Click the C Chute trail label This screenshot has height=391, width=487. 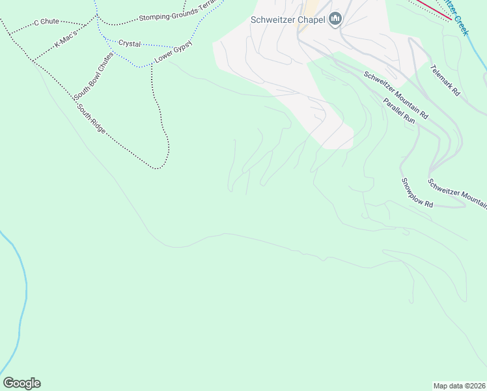pos(45,22)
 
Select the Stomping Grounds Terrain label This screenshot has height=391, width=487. pos(176,16)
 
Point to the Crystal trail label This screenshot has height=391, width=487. pos(130,44)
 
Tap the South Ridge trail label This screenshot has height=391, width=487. pos(90,119)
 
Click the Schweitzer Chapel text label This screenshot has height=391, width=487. pos(288,20)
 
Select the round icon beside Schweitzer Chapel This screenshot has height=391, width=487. pos(335,20)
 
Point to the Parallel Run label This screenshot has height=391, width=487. pos(398,110)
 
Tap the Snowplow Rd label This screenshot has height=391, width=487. pos(417,193)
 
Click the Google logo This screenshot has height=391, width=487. pos(21,383)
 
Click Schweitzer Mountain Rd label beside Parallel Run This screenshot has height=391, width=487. pos(395,94)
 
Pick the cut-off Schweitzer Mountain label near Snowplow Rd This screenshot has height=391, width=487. pos(457,194)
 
